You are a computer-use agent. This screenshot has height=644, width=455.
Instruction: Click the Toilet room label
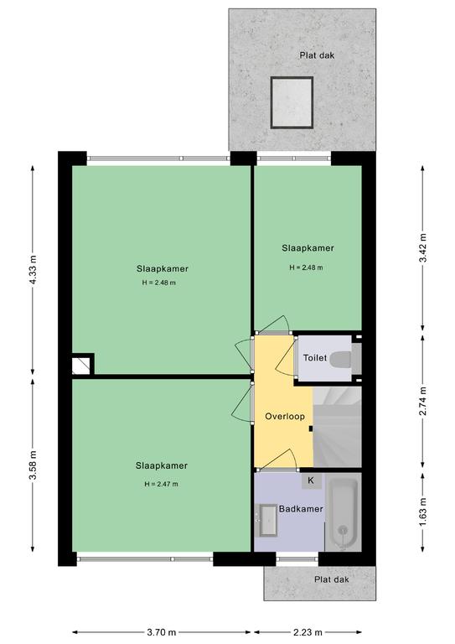tap(315, 358)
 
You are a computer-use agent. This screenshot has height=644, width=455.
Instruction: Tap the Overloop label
tap(285, 417)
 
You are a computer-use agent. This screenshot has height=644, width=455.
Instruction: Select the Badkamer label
tap(301, 509)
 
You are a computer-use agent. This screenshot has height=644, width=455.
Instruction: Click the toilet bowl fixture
tap(341, 360)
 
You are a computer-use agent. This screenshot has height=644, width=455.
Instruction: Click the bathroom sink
tap(267, 520)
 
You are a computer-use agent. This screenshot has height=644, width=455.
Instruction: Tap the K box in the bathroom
tap(311, 480)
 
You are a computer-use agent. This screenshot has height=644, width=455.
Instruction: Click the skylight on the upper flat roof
tap(292, 102)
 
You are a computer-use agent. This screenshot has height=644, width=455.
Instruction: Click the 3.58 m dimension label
tap(34, 465)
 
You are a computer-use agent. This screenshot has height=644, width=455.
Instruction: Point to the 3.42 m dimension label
tap(423, 247)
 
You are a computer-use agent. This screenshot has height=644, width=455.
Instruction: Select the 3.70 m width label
tap(161, 632)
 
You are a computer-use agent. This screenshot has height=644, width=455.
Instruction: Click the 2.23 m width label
tap(308, 632)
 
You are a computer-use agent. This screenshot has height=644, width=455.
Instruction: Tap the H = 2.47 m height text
tap(161, 484)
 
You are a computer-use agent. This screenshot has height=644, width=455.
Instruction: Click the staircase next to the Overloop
tap(337, 426)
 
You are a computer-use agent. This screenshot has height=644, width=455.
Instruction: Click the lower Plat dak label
tap(332, 579)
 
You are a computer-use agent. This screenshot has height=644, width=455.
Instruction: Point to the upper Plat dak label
tap(317, 55)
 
